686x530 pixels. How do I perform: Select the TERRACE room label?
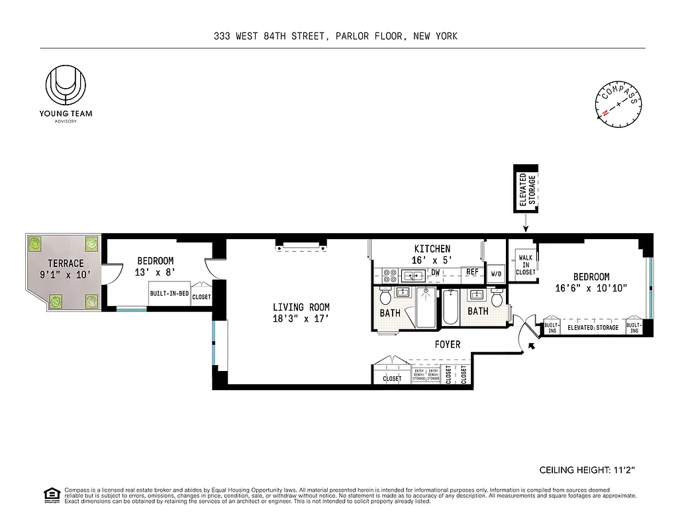tap(66, 264)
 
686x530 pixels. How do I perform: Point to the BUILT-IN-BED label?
tap(170, 293)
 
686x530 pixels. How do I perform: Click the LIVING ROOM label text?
tap(301, 307)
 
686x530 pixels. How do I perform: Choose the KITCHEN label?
tap(432, 249)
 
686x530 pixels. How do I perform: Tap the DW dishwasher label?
tap(436, 272)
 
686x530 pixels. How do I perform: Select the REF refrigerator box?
tap(472, 272)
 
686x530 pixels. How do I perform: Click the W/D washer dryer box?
tap(495, 273)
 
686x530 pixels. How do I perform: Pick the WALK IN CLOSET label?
tap(526, 265)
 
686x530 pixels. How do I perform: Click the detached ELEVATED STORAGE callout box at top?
tap(527, 188)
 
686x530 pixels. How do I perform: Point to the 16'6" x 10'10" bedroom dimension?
tap(591, 288)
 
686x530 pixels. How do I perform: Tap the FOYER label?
tap(447, 344)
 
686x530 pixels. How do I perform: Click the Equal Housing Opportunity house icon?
tap(50, 494)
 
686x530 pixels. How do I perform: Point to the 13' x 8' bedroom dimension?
tap(156, 272)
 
